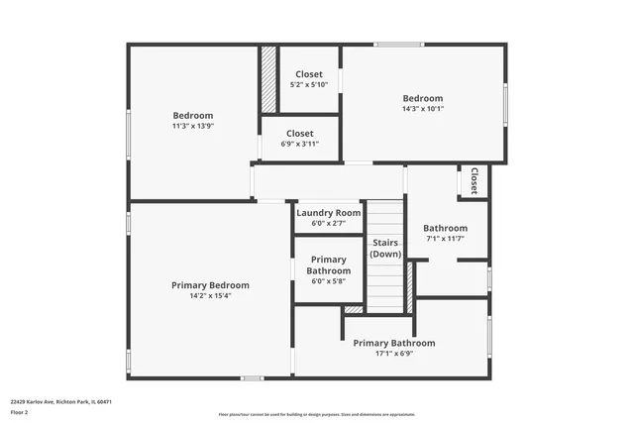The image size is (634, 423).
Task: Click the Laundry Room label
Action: pyautogui.click(x=328, y=213)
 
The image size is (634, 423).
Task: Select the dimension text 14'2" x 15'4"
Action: pyautogui.click(x=210, y=295)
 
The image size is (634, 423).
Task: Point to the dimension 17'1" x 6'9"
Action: pyautogui.click(x=393, y=354)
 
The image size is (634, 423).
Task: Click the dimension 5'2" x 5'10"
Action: pyautogui.click(x=308, y=85)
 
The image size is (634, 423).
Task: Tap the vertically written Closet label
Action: pyautogui.click(x=475, y=180)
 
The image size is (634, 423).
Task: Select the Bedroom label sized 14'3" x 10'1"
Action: pyautogui.click(x=422, y=98)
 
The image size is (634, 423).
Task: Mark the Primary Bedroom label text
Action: pyautogui.click(x=210, y=285)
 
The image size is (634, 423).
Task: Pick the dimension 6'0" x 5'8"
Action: pyautogui.click(x=328, y=281)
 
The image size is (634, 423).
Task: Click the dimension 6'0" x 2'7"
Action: pyautogui.click(x=328, y=224)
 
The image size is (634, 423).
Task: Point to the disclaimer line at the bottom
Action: pyautogui.click(x=317, y=414)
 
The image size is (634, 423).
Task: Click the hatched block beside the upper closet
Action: pyautogui.click(x=267, y=78)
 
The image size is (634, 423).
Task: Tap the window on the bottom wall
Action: pyautogui.click(x=253, y=377)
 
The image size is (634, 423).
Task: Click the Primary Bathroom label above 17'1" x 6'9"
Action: pyautogui.click(x=393, y=343)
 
